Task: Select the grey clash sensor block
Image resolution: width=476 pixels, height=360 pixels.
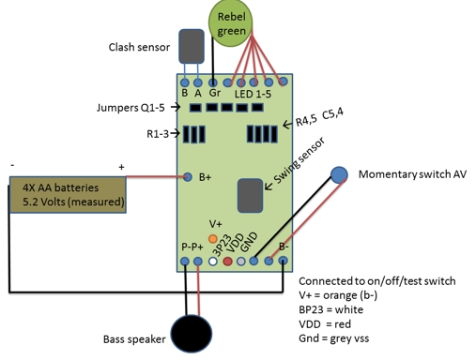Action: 192,46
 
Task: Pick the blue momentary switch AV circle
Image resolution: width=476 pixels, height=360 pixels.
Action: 339,174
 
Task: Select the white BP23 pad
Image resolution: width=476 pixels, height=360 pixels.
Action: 213,260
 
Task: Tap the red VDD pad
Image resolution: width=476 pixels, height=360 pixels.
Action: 227,260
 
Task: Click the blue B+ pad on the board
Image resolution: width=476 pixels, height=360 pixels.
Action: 189,175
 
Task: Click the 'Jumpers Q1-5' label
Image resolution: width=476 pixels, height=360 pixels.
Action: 132,109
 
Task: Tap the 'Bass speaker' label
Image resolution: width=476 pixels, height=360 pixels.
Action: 134,338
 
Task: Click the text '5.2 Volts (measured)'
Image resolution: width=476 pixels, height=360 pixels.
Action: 72,202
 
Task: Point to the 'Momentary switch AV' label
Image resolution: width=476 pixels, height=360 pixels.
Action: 412,174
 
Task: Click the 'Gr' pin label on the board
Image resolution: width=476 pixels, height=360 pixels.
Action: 214,92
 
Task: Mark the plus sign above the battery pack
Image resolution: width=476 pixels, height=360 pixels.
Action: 121,166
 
